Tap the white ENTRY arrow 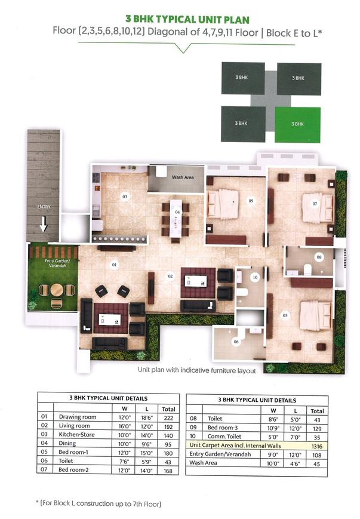point(44,224)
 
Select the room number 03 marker point(125,196)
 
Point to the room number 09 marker point(251,201)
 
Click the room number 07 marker point(315,203)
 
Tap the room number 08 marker point(319,257)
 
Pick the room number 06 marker point(236,342)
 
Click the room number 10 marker point(254,277)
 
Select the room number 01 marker point(114,264)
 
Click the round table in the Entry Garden point(56,290)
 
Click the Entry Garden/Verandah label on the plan point(53,264)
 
